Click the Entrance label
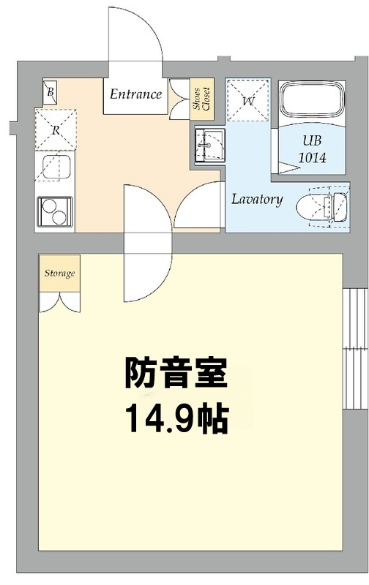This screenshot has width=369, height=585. [135, 94]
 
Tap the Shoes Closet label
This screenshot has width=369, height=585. [201, 99]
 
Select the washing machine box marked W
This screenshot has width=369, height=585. [248, 99]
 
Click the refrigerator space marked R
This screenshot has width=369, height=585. [56, 129]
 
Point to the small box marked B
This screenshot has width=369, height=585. [50, 92]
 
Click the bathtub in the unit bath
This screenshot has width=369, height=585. [312, 100]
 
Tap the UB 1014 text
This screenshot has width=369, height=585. [312, 149]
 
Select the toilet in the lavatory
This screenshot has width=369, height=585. [322, 205]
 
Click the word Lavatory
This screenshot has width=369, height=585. [256, 199]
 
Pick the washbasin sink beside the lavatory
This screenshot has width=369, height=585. [209, 145]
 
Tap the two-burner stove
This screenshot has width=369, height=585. [54, 211]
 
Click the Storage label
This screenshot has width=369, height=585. [60, 273]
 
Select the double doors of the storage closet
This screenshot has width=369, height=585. [59, 302]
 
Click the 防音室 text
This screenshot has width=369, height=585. [176, 373]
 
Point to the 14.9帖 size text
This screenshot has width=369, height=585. [176, 418]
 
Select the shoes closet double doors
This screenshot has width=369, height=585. [179, 99]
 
